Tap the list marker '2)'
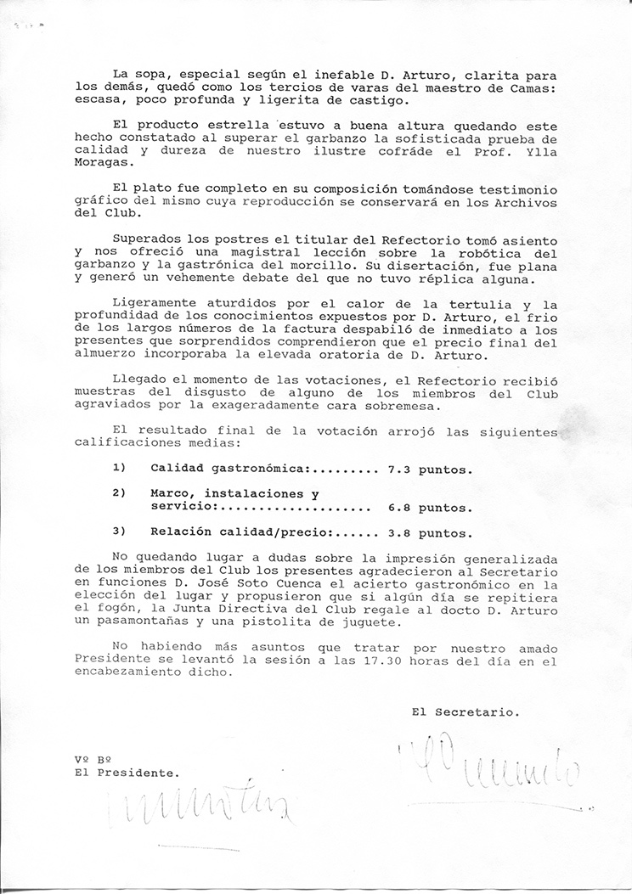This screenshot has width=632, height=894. [x=120, y=493]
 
